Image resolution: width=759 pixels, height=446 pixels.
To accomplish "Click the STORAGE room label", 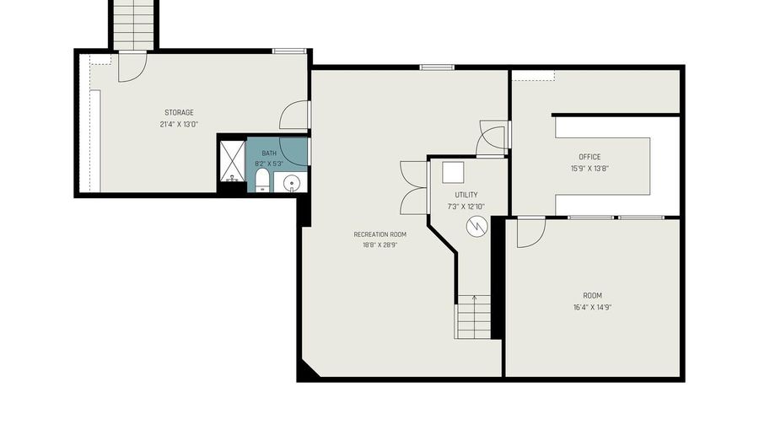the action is coord(179,113).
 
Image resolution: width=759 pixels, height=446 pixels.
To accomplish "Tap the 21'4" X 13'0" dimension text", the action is coord(179,124).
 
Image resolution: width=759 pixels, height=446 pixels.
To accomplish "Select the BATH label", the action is coord(269,153).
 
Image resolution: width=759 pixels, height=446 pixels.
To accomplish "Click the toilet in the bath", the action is coord(262,180).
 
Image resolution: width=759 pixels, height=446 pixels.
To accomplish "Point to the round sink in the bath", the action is coord(291,183).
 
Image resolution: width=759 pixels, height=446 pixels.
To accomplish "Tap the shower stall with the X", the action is coord(233,161).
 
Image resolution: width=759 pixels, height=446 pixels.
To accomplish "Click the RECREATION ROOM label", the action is coord(380,234).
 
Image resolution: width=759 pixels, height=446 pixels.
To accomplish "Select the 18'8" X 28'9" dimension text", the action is coord(380,245).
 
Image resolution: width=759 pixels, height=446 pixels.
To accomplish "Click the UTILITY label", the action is coord(466,195).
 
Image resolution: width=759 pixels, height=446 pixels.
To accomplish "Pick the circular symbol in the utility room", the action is coord(476,227).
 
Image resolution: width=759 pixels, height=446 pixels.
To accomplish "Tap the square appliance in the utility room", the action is coord(453,173).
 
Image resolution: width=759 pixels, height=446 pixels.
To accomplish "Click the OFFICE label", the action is coord(589,157).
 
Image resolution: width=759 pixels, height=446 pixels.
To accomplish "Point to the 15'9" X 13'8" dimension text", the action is coord(589,169).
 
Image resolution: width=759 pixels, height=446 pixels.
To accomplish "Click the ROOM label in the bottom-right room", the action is coord(593,296).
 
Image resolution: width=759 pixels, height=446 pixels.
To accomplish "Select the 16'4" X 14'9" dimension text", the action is coord(593,307).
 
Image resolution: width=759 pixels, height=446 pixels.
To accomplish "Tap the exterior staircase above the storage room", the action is coord(133,24).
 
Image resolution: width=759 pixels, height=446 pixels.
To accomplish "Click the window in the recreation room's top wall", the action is coord(437,67).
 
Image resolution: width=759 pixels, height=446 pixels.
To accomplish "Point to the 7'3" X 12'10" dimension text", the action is coord(466,207).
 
